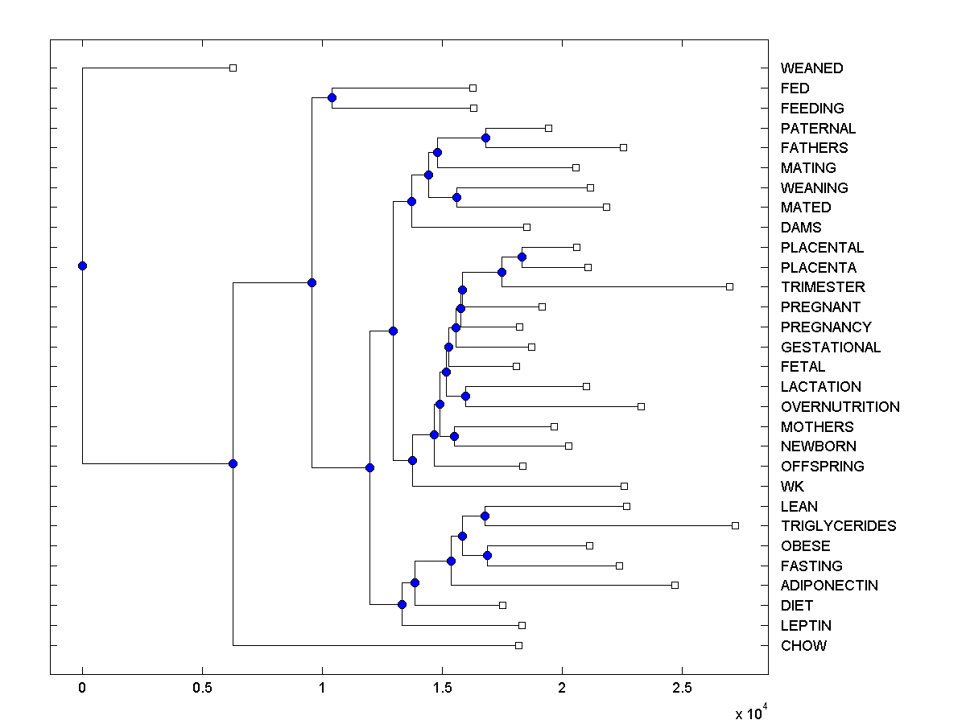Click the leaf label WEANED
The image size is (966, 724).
(811, 68)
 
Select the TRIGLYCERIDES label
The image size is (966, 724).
(838, 526)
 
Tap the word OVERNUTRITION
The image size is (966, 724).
(840, 407)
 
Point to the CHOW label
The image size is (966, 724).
(803, 646)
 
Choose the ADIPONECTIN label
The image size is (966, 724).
(829, 586)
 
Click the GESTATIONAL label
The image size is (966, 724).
(831, 348)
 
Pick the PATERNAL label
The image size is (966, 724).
(818, 129)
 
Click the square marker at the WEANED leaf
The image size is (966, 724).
(233, 68)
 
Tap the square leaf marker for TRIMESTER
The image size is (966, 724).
(729, 286)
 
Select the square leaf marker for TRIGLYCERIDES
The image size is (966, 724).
(735, 525)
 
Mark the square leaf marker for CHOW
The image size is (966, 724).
(518, 645)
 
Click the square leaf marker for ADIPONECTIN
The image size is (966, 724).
(675, 585)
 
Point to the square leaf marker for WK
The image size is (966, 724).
(624, 486)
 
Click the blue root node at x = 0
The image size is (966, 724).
(82, 265)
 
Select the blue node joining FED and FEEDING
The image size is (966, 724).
(332, 97)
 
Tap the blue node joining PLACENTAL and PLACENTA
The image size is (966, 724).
(522, 257)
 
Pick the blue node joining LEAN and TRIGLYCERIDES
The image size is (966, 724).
(485, 516)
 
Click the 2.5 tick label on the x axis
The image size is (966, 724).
(682, 688)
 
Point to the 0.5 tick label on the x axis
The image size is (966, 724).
(201, 688)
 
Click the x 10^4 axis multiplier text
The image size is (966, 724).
(751, 713)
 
